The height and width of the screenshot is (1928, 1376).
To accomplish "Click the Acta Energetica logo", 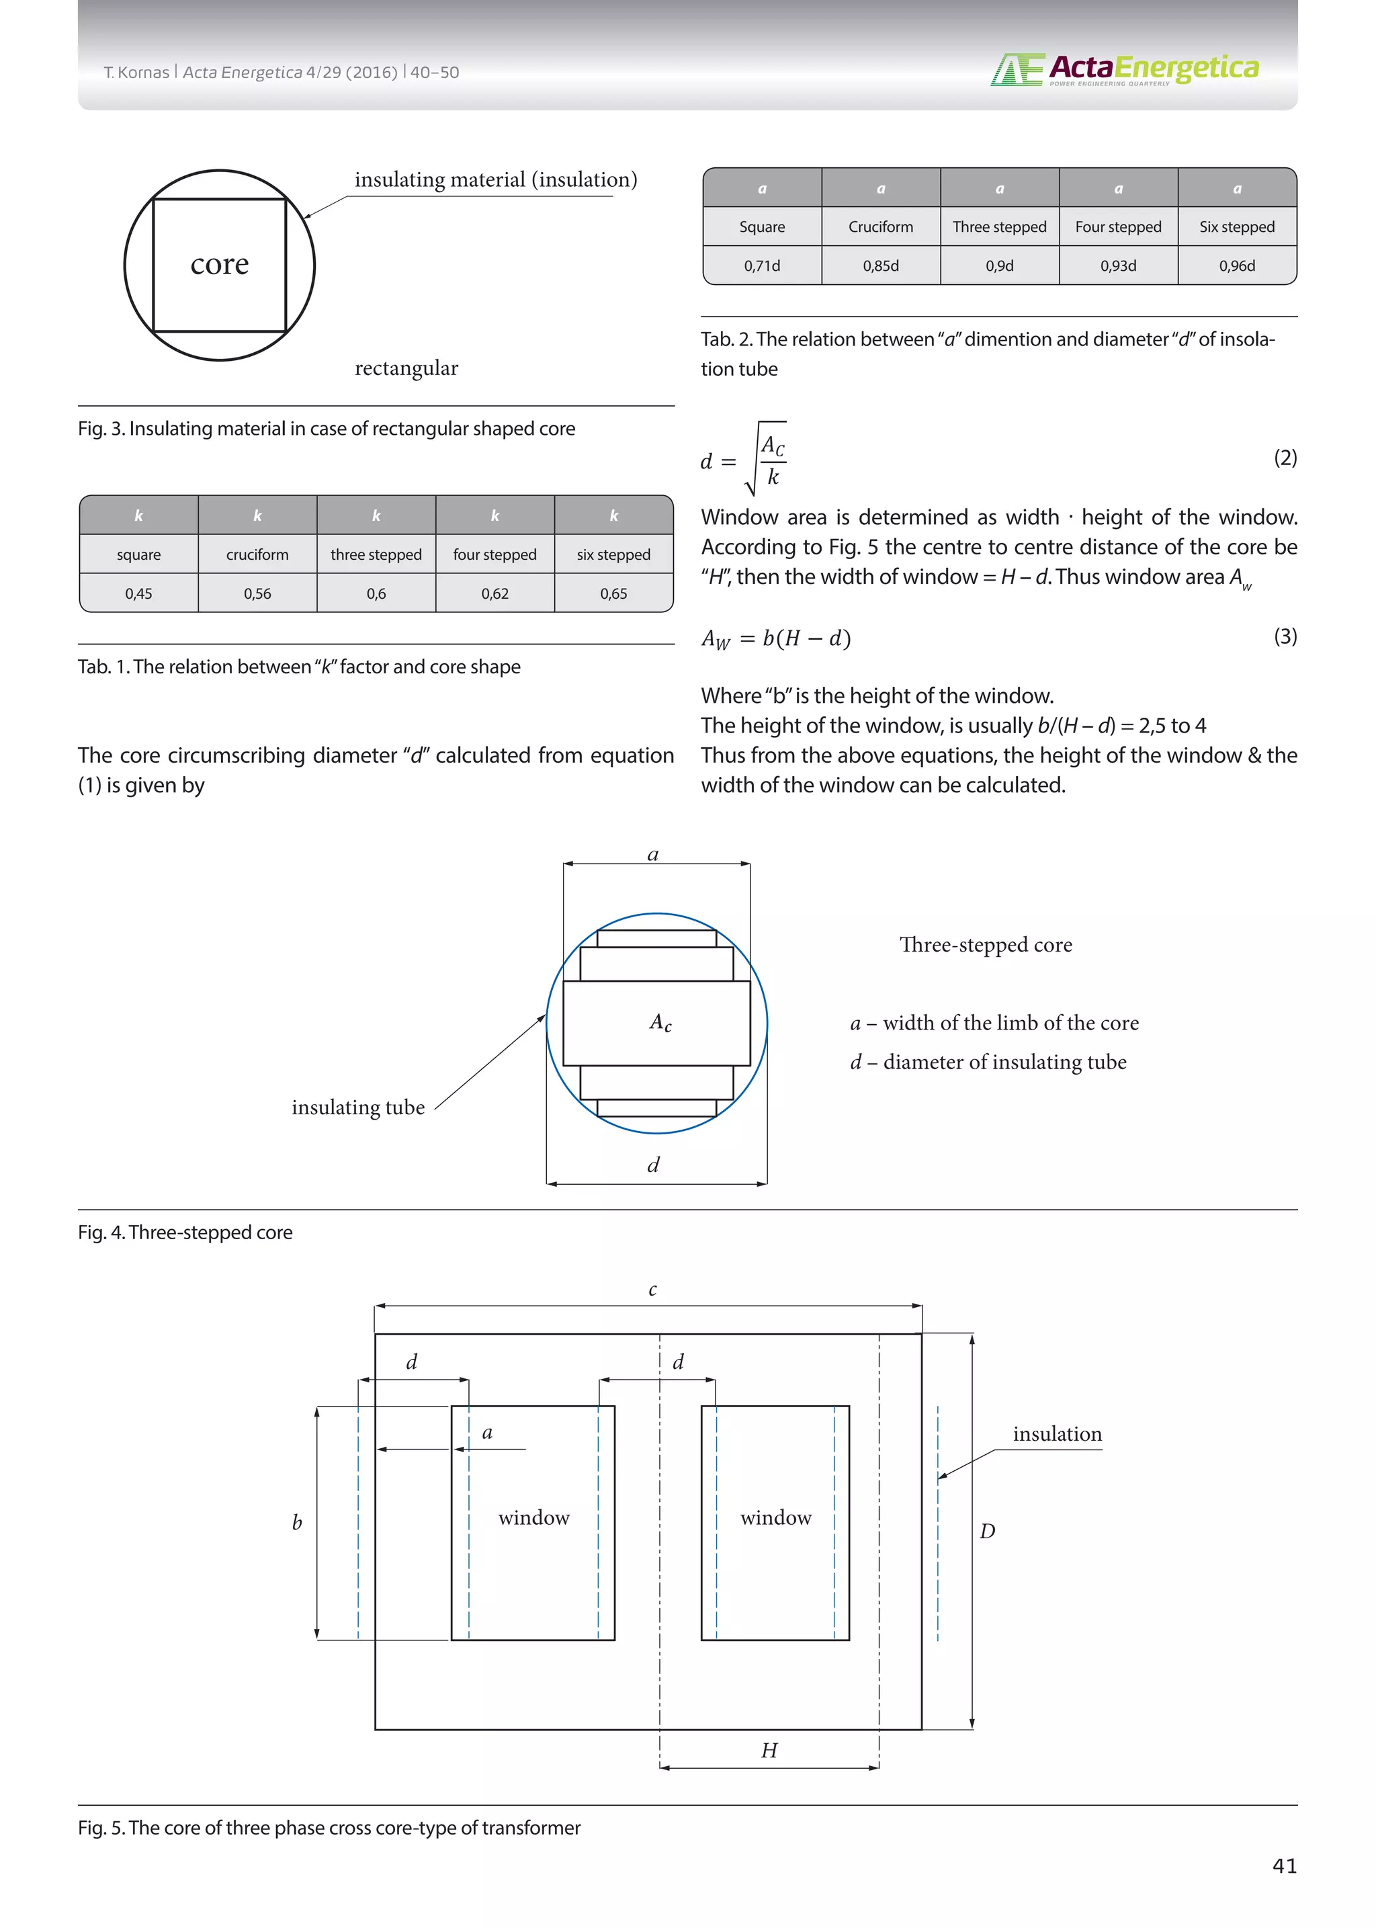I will [1124, 69].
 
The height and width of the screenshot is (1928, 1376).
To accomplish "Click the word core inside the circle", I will [220, 264].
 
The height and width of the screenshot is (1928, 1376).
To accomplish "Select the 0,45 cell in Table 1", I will [139, 593].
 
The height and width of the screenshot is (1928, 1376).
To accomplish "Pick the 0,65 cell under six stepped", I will [613, 593].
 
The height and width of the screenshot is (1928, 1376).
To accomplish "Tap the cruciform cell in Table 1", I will [257, 554].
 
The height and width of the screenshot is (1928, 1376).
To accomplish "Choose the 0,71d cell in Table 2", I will [762, 265].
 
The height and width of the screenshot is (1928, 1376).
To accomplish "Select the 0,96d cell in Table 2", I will [1236, 265].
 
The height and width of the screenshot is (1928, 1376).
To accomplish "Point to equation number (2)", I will [1285, 458].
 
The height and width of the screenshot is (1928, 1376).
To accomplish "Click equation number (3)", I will [1285, 636].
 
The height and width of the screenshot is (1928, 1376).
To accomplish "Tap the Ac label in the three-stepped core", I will [660, 1023].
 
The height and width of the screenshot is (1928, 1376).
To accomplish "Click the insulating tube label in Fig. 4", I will [357, 1107].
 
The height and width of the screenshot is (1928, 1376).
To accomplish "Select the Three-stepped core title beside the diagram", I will [986, 945].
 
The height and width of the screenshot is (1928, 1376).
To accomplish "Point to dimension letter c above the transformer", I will [652, 1290].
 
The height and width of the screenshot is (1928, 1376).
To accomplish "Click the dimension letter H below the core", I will [769, 1750].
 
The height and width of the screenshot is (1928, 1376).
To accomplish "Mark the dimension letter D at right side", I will [987, 1532].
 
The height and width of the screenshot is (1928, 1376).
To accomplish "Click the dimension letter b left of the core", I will [296, 1523].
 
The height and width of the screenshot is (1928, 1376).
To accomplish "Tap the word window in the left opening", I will [533, 1518].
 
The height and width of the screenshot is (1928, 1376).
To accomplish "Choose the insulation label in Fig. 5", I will [1057, 1434].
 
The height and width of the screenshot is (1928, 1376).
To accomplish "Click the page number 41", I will [1284, 1866].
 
